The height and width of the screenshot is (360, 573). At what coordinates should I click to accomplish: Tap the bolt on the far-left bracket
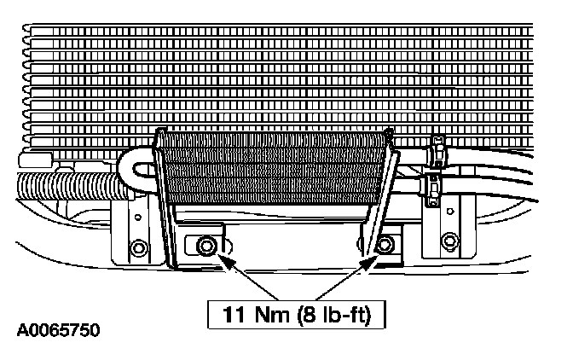[136, 251]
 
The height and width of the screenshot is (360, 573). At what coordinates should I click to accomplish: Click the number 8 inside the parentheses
[312, 314]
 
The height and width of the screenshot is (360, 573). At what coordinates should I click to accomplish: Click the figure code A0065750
[56, 328]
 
